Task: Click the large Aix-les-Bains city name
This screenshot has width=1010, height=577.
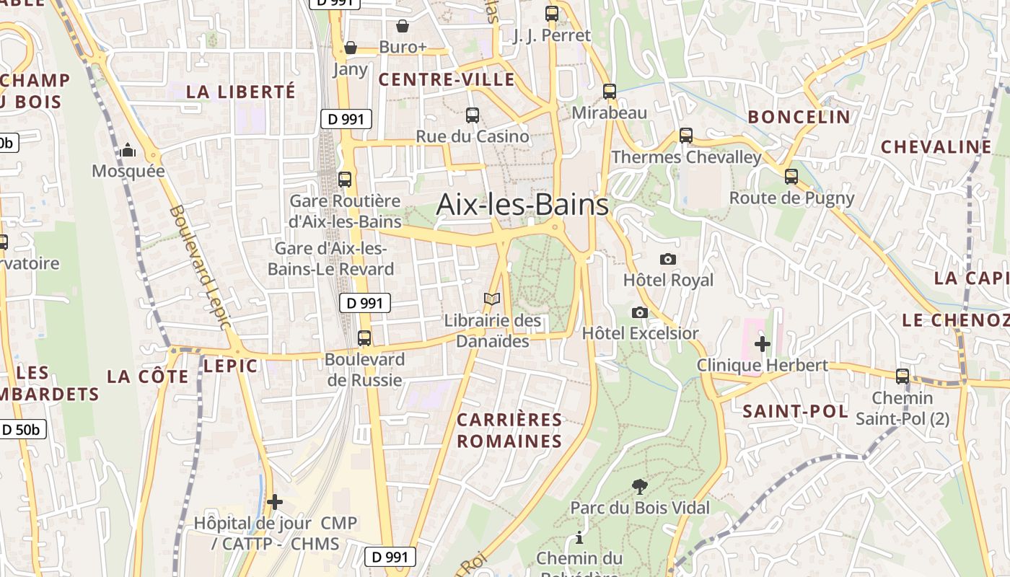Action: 522,205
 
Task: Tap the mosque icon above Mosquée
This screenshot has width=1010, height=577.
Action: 128,150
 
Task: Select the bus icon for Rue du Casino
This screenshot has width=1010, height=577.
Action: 473,115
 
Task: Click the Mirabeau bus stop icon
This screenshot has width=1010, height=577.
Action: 610,92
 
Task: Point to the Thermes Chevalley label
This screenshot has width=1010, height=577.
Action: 686,157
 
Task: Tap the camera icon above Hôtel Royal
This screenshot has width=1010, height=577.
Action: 668,259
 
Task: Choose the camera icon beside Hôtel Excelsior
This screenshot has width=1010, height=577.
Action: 639,312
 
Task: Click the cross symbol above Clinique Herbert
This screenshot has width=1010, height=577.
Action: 763,343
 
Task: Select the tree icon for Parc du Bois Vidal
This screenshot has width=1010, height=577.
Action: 639,487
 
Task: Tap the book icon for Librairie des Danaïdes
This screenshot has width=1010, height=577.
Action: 492,299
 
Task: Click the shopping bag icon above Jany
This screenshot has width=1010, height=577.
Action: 351,48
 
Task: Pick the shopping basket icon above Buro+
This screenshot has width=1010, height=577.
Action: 403,26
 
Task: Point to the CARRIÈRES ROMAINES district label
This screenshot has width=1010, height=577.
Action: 509,430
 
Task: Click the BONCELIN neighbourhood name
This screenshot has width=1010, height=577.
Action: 799,117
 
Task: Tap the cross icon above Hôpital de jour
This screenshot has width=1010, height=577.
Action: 275,502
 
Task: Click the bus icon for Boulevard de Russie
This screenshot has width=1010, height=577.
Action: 364,338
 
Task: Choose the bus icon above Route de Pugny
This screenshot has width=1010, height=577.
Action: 791,176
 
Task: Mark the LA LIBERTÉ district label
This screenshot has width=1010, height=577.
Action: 241,92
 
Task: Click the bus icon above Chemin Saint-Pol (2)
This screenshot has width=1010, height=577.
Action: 903,376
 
